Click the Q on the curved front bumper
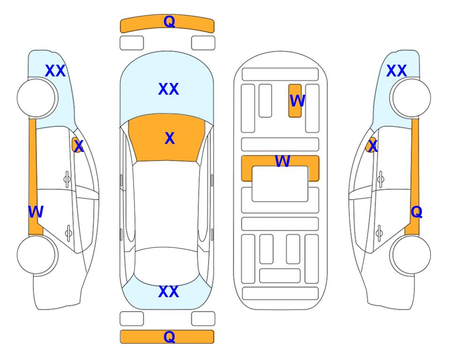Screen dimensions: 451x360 pos(169,22)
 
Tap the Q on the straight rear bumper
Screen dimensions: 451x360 pos(169,337)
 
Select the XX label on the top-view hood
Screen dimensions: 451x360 pos(169,89)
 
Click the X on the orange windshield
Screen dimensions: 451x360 pos(170,138)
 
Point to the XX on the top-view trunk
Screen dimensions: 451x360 pos(169,292)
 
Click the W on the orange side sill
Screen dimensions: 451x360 pos(36,212)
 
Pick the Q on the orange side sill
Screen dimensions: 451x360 pos(416,212)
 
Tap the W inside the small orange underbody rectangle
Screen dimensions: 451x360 pos(297,101)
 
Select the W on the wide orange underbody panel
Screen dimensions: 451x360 pos(282,161)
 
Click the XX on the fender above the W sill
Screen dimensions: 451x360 pos(55,71)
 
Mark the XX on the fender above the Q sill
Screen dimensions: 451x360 pos(396,71)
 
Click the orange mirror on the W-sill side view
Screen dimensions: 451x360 pos(76,144)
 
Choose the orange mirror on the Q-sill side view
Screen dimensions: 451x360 pos(371,144)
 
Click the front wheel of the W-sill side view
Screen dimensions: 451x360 pos(37,98)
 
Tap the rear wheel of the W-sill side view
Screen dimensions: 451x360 pos(37,255)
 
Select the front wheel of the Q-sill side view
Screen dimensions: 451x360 pos(410,98)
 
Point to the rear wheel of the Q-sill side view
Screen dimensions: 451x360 pos(410,255)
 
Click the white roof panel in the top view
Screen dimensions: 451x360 pos(166,204)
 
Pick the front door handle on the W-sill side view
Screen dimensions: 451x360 pos(67,180)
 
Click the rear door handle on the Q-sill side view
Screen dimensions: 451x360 pos(379,233)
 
